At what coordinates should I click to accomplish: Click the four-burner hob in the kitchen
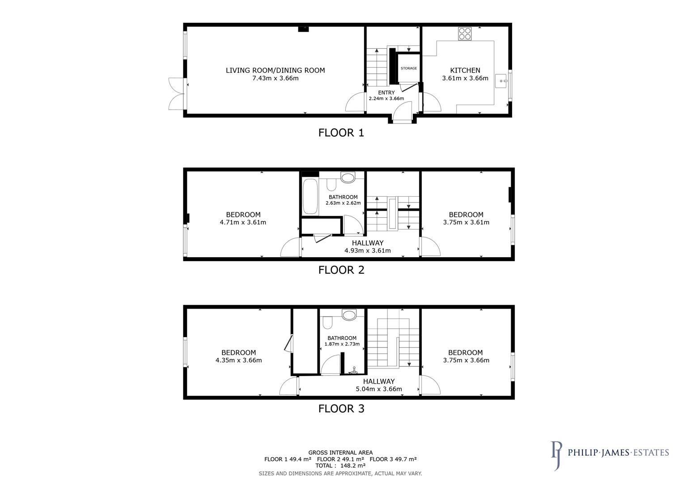(465, 34)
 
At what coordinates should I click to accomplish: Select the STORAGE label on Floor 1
(408, 68)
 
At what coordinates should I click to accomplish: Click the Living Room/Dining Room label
(275, 70)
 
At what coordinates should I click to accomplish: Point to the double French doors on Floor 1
(176, 93)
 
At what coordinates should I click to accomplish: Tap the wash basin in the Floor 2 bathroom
(348, 178)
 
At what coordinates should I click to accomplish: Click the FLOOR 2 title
(341, 270)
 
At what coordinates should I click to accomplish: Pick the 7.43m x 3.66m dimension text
(275, 78)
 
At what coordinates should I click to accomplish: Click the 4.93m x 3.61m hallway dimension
(367, 250)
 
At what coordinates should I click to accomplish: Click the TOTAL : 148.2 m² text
(340, 466)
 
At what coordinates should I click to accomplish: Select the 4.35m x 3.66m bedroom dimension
(238, 360)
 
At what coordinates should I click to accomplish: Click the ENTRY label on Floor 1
(386, 93)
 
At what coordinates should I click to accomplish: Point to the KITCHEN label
(465, 70)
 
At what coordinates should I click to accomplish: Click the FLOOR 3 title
(341, 408)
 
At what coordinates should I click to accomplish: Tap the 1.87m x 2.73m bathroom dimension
(342, 344)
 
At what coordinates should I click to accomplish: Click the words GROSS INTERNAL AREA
(340, 453)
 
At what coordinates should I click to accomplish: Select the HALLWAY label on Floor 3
(378, 381)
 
